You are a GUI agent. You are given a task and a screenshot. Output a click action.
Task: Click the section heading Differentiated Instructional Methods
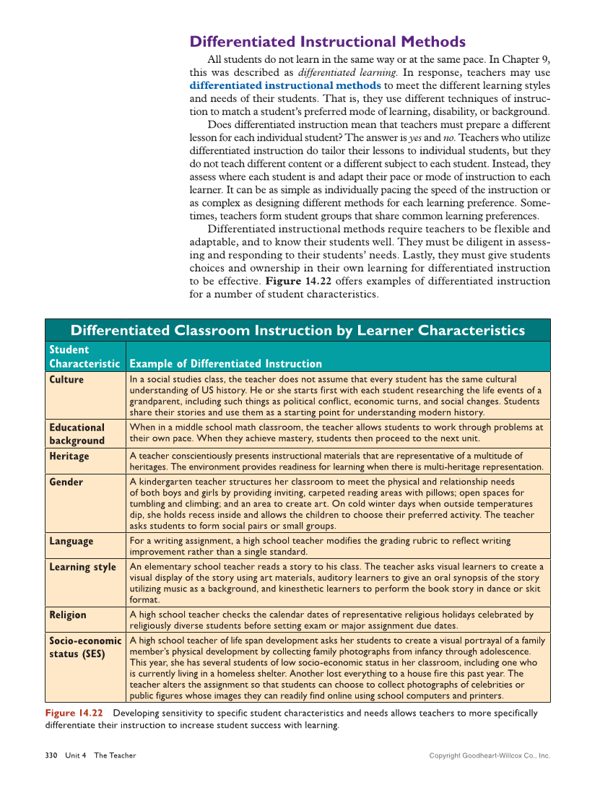point(327,42)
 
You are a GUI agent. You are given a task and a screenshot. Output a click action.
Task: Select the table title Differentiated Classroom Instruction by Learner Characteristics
point(297,331)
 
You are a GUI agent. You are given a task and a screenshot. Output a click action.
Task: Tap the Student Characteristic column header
point(84,357)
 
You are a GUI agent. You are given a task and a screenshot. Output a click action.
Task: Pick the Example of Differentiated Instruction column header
point(225,363)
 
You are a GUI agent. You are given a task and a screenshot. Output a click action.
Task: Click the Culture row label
point(66,380)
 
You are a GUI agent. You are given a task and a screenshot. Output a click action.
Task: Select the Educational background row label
point(77,434)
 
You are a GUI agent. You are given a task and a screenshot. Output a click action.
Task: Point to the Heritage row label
point(69,456)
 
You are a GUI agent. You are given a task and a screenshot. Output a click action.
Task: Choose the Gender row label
point(66,482)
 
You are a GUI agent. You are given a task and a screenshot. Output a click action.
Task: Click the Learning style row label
point(82,567)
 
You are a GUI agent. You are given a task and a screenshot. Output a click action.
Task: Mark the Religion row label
point(68,615)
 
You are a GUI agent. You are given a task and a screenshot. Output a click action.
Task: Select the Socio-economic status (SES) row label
point(84,648)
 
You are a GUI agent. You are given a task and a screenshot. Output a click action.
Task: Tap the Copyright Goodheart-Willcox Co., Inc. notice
point(489,755)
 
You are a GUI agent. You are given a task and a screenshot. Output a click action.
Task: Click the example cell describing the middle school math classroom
point(336,433)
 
